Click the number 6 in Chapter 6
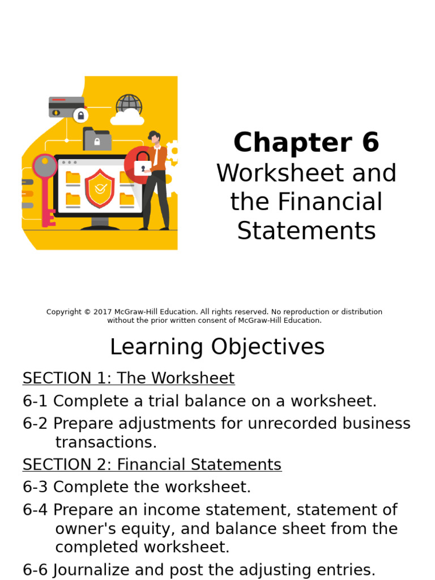tap(369, 143)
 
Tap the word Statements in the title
tap(306, 231)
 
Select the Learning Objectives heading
tap(217, 347)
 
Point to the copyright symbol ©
tap(87, 312)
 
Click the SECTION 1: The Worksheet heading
tap(129, 378)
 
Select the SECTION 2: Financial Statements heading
tap(152, 464)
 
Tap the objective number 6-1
tap(36, 401)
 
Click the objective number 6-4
tap(36, 510)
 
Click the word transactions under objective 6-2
tap(106, 442)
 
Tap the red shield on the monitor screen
tap(100, 188)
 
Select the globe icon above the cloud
tap(129, 105)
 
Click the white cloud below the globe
tap(127, 118)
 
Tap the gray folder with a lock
tap(97, 139)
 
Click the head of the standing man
tap(153, 137)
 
